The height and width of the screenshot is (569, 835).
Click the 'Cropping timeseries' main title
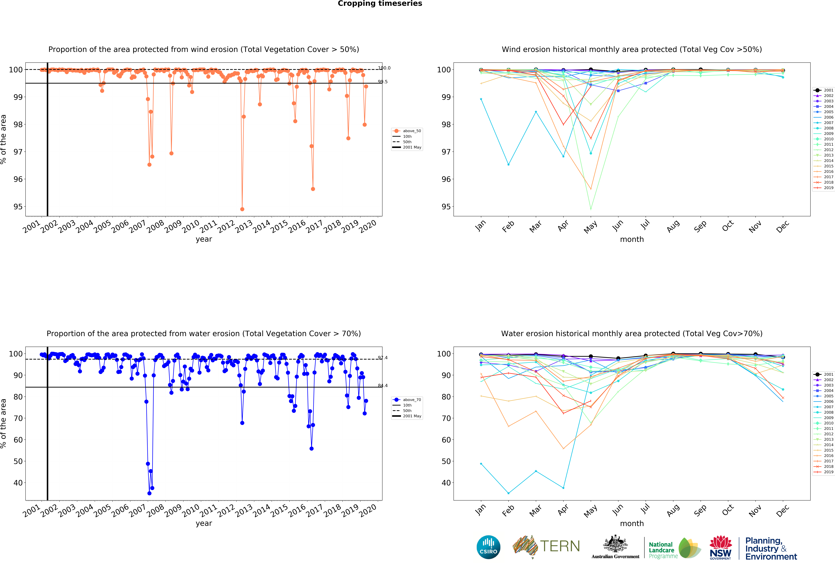coord(380,4)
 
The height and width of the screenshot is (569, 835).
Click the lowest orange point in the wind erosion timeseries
coord(242,209)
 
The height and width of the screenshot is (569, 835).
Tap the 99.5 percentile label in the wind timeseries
coord(383,82)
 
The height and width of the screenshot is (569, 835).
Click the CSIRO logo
coord(488,547)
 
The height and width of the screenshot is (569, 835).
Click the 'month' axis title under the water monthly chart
coord(632,523)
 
